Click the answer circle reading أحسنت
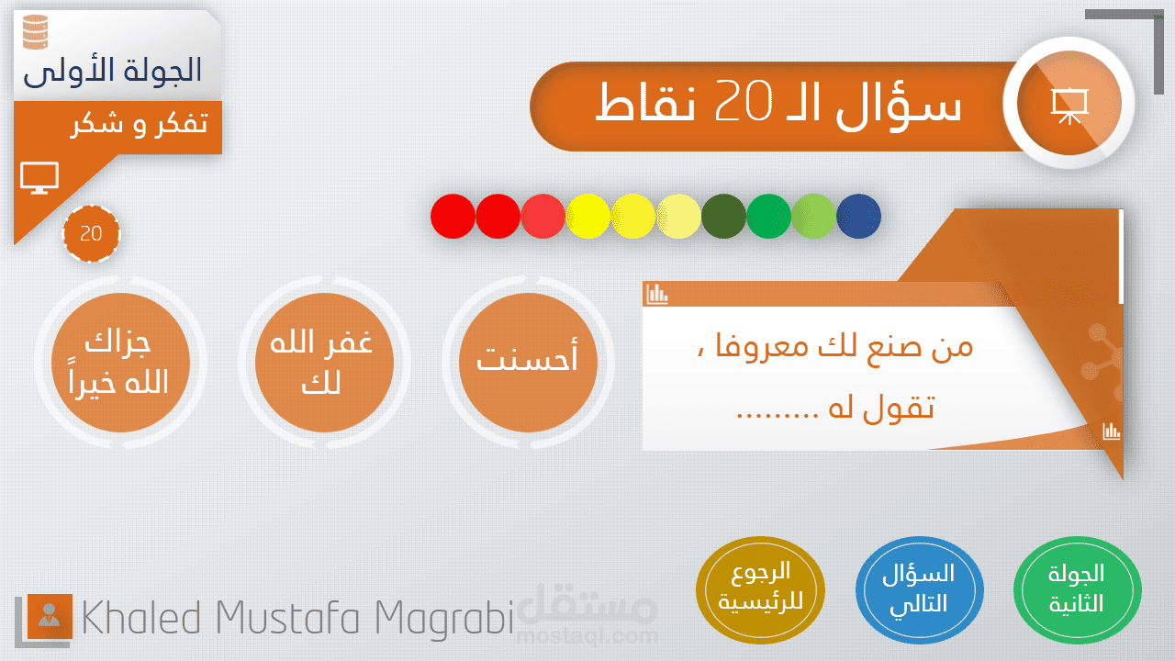click(528, 363)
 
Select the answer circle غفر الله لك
click(324, 363)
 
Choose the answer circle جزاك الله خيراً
click(120, 363)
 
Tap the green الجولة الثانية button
click(1078, 590)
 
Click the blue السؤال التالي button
click(920, 590)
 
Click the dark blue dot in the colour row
click(858, 216)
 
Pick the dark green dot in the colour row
click(723, 216)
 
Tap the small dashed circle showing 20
click(91, 233)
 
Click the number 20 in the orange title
click(744, 101)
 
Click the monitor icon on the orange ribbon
click(39, 178)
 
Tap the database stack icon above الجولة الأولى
click(36, 32)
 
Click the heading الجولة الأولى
click(113, 72)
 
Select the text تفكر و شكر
click(140, 125)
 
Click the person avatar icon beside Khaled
click(50, 616)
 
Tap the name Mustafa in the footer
click(287, 618)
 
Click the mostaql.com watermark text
click(587, 636)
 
